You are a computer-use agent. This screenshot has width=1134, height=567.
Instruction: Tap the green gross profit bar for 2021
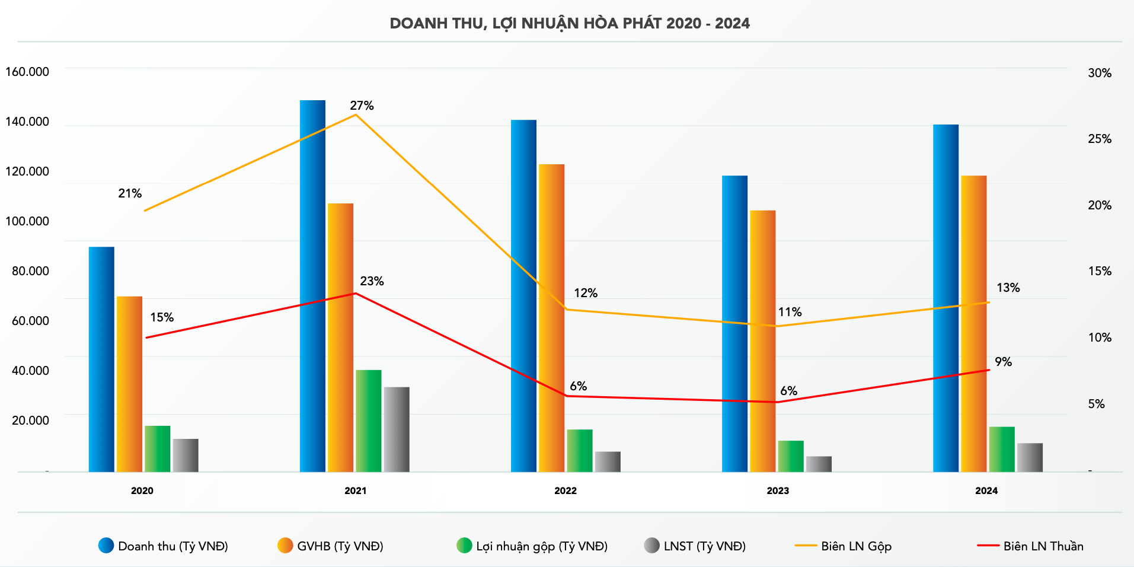[368, 421]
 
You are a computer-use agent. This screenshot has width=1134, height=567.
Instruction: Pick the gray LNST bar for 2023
[819, 464]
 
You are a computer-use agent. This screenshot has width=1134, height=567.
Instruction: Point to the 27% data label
[362, 106]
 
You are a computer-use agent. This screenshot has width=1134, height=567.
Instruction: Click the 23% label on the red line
[372, 281]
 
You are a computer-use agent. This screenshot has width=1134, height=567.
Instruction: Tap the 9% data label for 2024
[1003, 362]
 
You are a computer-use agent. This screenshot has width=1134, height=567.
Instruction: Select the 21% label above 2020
[130, 193]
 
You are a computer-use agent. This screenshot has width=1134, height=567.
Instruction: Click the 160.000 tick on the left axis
[27, 72]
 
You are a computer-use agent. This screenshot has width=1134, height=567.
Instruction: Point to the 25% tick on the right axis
[1100, 139]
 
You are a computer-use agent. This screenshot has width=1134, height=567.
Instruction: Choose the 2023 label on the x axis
[778, 490]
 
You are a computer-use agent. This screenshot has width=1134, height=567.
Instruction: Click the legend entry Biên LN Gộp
[855, 546]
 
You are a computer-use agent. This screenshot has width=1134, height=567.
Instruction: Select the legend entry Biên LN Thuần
[1043, 546]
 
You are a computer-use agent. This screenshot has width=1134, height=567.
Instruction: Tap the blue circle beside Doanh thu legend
[106, 546]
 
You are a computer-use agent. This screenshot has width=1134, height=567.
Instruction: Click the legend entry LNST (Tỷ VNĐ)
[704, 546]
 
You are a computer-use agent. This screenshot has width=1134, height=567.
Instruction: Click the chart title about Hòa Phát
[570, 24]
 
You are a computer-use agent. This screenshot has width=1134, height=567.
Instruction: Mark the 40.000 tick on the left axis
[30, 371]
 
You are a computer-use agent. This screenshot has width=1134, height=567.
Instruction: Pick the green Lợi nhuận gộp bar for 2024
[1002, 449]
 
